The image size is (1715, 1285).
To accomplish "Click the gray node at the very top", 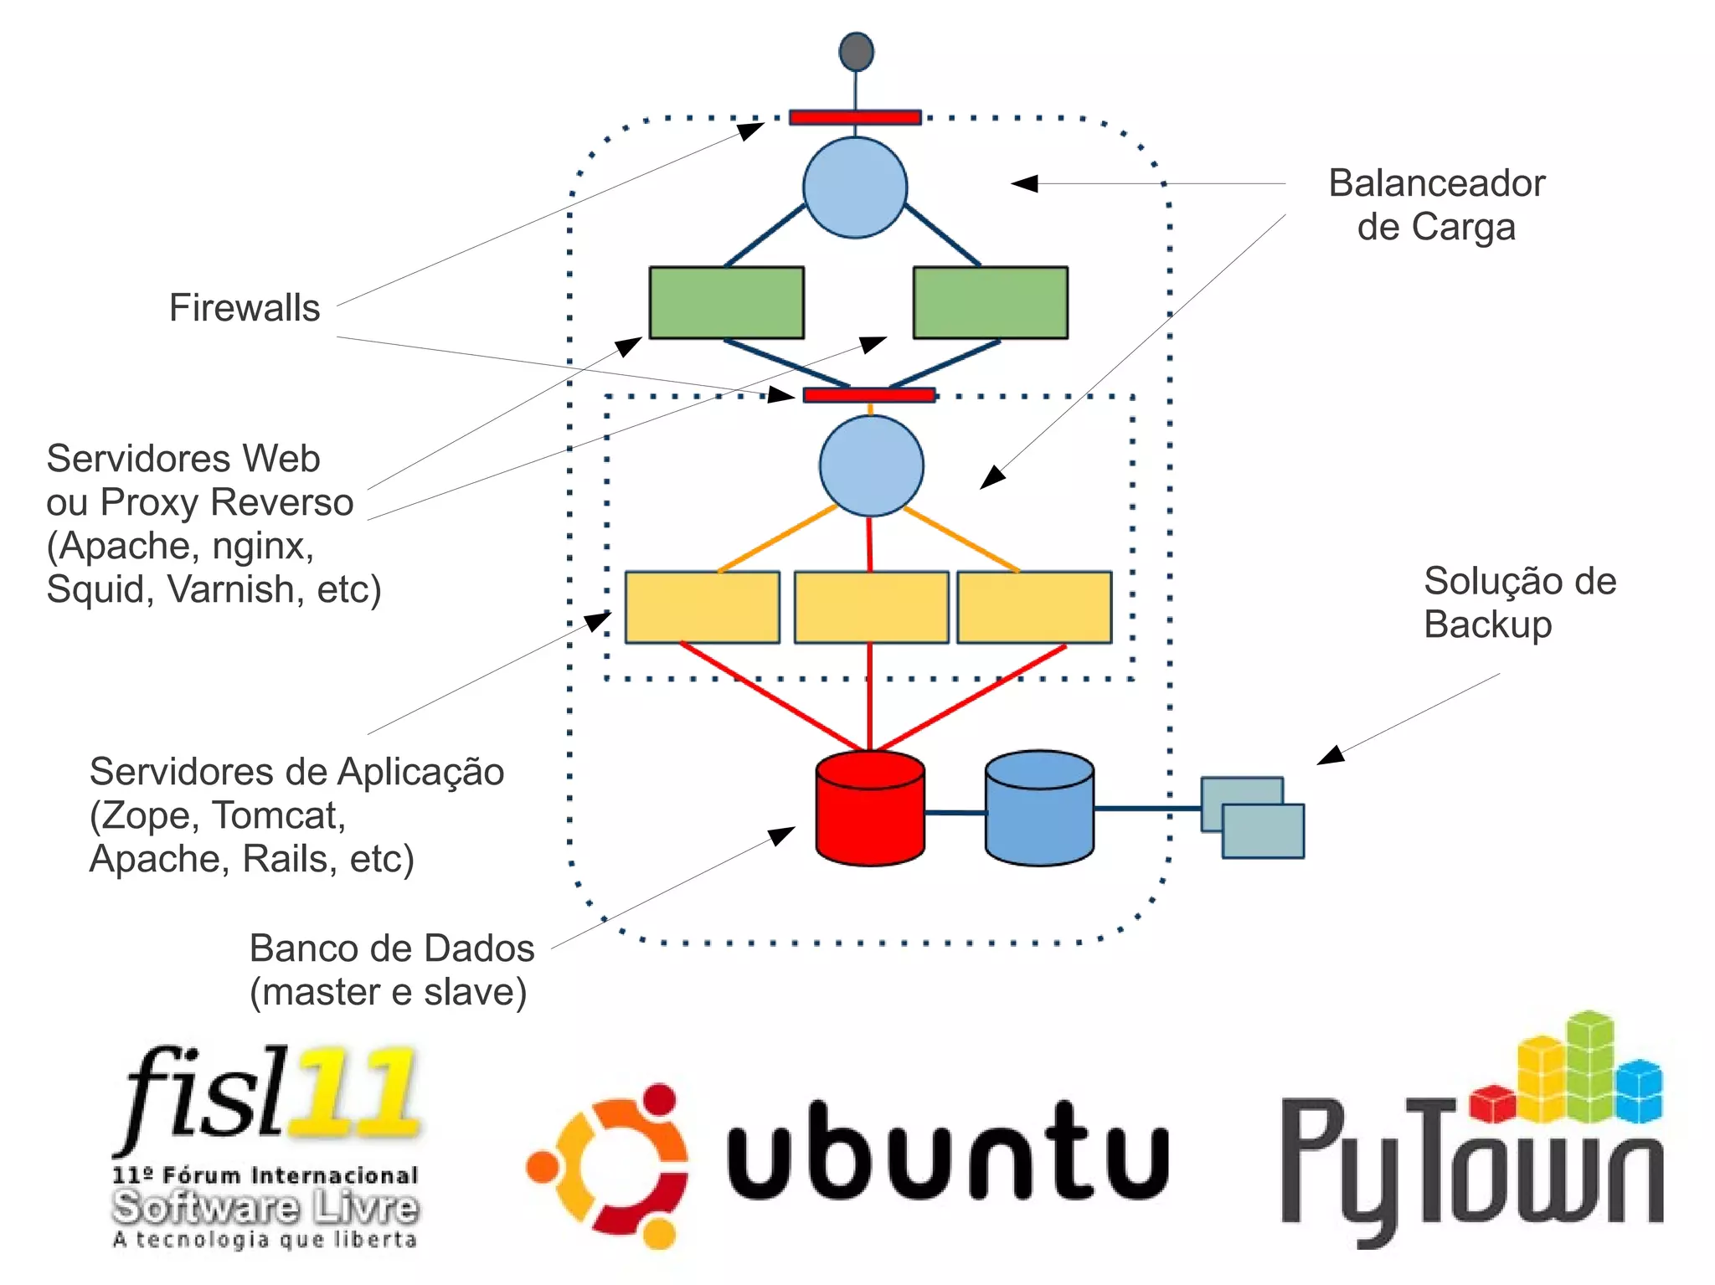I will coord(856,52).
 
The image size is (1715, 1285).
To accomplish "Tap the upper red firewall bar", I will coord(855,117).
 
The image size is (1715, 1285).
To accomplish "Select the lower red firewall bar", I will coord(868,395).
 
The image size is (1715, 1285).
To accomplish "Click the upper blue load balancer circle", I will coord(855,188).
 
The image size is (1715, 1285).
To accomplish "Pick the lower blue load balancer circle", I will coord(871,466).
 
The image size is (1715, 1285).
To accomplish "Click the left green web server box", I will coord(726,303).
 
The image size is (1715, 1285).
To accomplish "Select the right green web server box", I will coord(990,303).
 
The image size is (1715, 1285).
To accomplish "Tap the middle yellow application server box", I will coord(871,608).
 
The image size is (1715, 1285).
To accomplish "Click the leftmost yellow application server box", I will coord(702,608).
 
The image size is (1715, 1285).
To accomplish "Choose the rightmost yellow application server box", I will coord(1034,608).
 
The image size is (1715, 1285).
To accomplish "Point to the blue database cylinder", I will coord(1039,809).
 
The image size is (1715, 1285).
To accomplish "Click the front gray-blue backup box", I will coord(1263,832).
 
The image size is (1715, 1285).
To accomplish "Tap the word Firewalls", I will coord(245,308).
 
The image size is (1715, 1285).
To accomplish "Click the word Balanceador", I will coord(1436,183).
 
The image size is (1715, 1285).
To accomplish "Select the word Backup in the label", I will coord(1487,625).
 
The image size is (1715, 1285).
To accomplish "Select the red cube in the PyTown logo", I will coord(1492,1103).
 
